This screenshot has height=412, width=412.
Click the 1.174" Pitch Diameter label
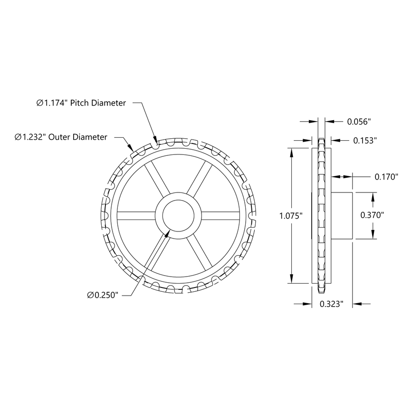81,103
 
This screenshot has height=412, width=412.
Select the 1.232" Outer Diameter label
61,137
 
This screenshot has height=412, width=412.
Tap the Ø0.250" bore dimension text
103,295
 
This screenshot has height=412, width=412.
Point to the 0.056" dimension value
358,122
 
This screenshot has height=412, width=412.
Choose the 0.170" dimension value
385,177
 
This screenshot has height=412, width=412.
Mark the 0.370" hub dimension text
372,215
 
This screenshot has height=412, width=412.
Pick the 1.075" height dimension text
291,216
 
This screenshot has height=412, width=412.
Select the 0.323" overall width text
331,304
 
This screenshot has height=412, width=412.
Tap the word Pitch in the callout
80,103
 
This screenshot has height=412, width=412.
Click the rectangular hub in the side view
341,215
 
